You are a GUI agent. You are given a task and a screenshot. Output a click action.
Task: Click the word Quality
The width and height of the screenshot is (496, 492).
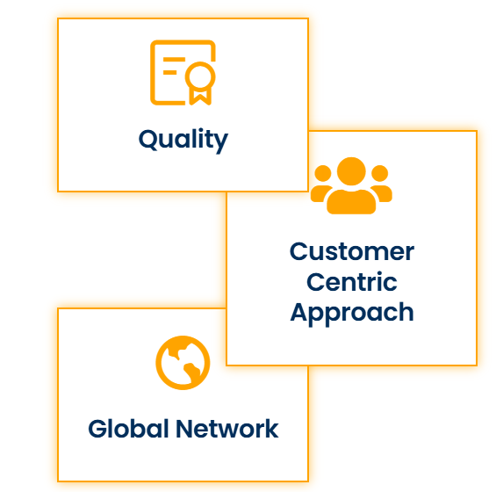coord(183,141)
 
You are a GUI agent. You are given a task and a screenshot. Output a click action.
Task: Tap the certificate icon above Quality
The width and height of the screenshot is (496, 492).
coord(183,73)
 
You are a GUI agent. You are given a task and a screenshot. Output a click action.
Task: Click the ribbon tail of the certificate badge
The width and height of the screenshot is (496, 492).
coord(200,97)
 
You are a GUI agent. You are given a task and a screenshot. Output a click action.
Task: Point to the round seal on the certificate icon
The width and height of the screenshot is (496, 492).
coord(200,76)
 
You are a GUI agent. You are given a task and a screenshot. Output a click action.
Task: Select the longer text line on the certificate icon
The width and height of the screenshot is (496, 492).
coord(174,60)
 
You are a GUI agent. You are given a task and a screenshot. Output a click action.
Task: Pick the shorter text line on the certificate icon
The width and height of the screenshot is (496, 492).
coord(169,73)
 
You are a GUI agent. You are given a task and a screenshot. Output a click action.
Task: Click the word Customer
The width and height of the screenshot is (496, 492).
coord(352,251)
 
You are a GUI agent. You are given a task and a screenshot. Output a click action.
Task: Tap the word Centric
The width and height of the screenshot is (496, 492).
coord(352,282)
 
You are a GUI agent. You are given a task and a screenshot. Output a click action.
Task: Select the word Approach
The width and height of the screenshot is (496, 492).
coord(352,314)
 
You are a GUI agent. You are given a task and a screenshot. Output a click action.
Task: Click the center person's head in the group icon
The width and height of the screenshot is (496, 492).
coord(351,171)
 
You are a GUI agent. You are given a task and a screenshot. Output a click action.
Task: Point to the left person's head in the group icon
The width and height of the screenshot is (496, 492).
coord(323,173)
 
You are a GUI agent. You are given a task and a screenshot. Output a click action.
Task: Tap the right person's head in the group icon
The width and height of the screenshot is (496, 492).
coord(379,173)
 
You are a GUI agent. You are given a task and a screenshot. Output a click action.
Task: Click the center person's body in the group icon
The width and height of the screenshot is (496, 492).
coord(351,202)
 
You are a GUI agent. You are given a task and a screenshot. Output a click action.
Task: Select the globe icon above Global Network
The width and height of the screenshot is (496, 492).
coord(183,363)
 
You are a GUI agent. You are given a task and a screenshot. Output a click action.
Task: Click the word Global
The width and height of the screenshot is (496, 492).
coord(128,429)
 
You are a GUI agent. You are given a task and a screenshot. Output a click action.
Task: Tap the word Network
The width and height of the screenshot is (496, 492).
coord(227,429)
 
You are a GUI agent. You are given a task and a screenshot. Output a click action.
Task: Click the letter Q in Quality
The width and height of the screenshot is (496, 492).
coord(147,140)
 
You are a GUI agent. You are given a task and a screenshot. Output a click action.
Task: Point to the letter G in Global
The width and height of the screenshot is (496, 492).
coord(97,429)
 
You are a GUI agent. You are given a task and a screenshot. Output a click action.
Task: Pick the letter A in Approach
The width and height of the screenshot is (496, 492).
coord(300,312)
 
